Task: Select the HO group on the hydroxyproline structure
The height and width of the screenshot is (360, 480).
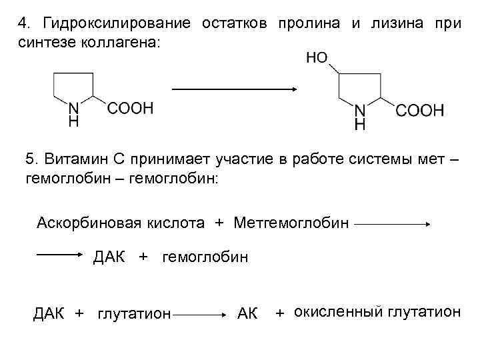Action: pos(317,59)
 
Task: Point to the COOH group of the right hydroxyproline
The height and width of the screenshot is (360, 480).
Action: pos(419,111)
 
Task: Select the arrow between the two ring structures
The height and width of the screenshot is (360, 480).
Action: pos(234,88)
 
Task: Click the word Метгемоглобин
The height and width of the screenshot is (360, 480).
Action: pos(291,222)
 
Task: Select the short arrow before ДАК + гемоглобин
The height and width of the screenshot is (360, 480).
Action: pos(59,254)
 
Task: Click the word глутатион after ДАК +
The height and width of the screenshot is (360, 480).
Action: pos(135,313)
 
